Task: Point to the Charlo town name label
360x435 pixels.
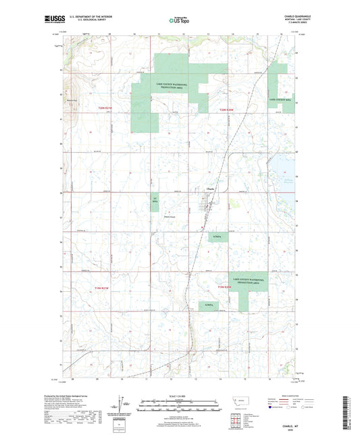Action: click(x=210, y=188)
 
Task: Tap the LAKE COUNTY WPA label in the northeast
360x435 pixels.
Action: click(x=280, y=99)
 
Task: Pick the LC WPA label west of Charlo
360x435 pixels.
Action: click(x=154, y=200)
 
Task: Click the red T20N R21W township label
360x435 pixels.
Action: click(x=105, y=107)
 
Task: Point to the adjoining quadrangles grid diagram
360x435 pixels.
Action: click(x=238, y=419)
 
